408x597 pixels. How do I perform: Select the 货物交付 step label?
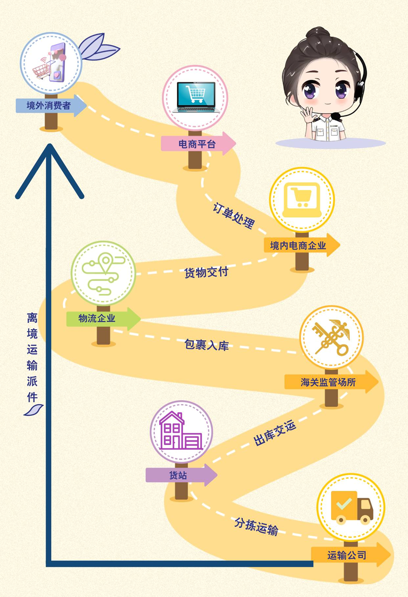point(206,272)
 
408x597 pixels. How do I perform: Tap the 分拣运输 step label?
point(256,526)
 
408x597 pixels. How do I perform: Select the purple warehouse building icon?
point(181,431)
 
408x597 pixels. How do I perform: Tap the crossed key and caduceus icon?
point(331,337)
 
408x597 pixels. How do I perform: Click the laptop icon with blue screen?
point(195,97)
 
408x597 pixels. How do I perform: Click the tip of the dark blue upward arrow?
point(49,146)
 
